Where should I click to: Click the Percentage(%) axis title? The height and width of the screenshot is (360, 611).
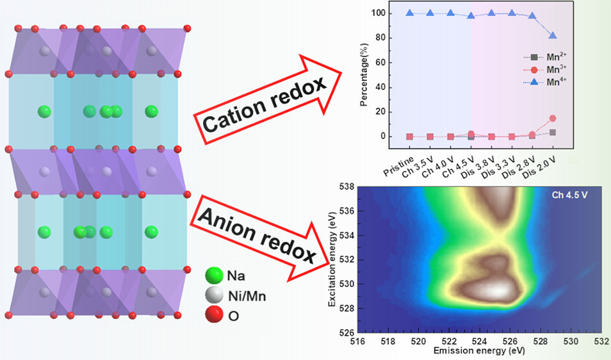pyautogui.click(x=368, y=74)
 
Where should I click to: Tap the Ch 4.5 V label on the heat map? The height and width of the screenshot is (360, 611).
pyautogui.click(x=569, y=195)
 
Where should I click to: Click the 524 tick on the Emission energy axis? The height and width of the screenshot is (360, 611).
pyautogui.click(x=450, y=340)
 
